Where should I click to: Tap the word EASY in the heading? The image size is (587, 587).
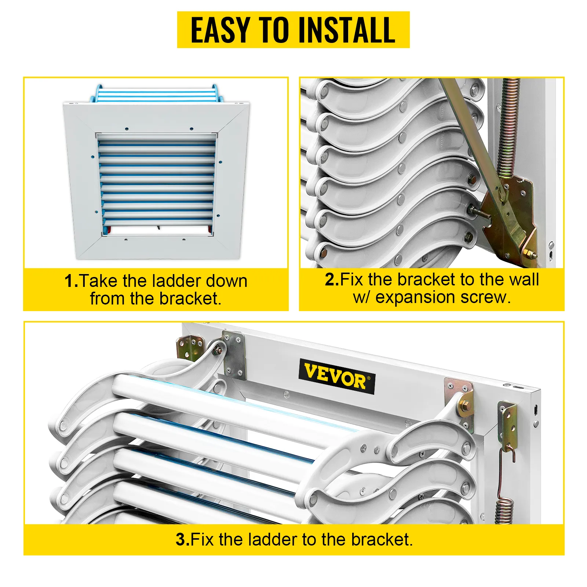(x=220, y=30)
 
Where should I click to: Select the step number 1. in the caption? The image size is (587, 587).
(x=71, y=281)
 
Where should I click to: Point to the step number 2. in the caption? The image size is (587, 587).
(x=332, y=280)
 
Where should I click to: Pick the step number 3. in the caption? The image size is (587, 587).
(x=182, y=540)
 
